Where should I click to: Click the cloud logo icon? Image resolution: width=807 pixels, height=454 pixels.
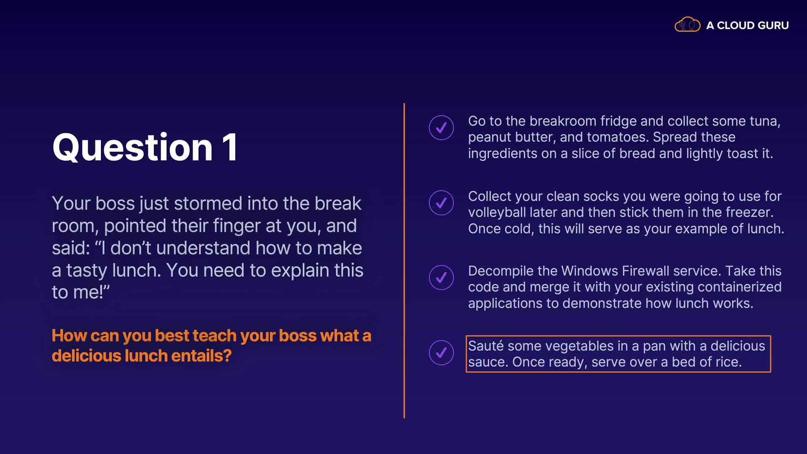point(687,25)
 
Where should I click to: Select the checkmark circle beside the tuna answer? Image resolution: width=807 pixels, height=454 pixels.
point(441,128)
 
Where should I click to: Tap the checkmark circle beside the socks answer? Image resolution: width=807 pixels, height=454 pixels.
point(441,203)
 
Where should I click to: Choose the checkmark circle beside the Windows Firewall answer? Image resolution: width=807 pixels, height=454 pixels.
point(441,277)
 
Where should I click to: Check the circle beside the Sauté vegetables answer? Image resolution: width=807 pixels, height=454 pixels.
point(441,353)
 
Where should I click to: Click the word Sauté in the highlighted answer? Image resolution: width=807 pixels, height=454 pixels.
point(486,346)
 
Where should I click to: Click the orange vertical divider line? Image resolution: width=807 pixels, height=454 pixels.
point(404,261)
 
